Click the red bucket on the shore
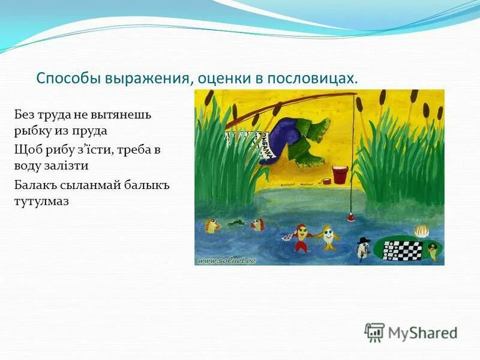point(339,175)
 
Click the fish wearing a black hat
point(362,248)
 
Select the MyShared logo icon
point(374,332)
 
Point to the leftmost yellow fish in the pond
point(212,226)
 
